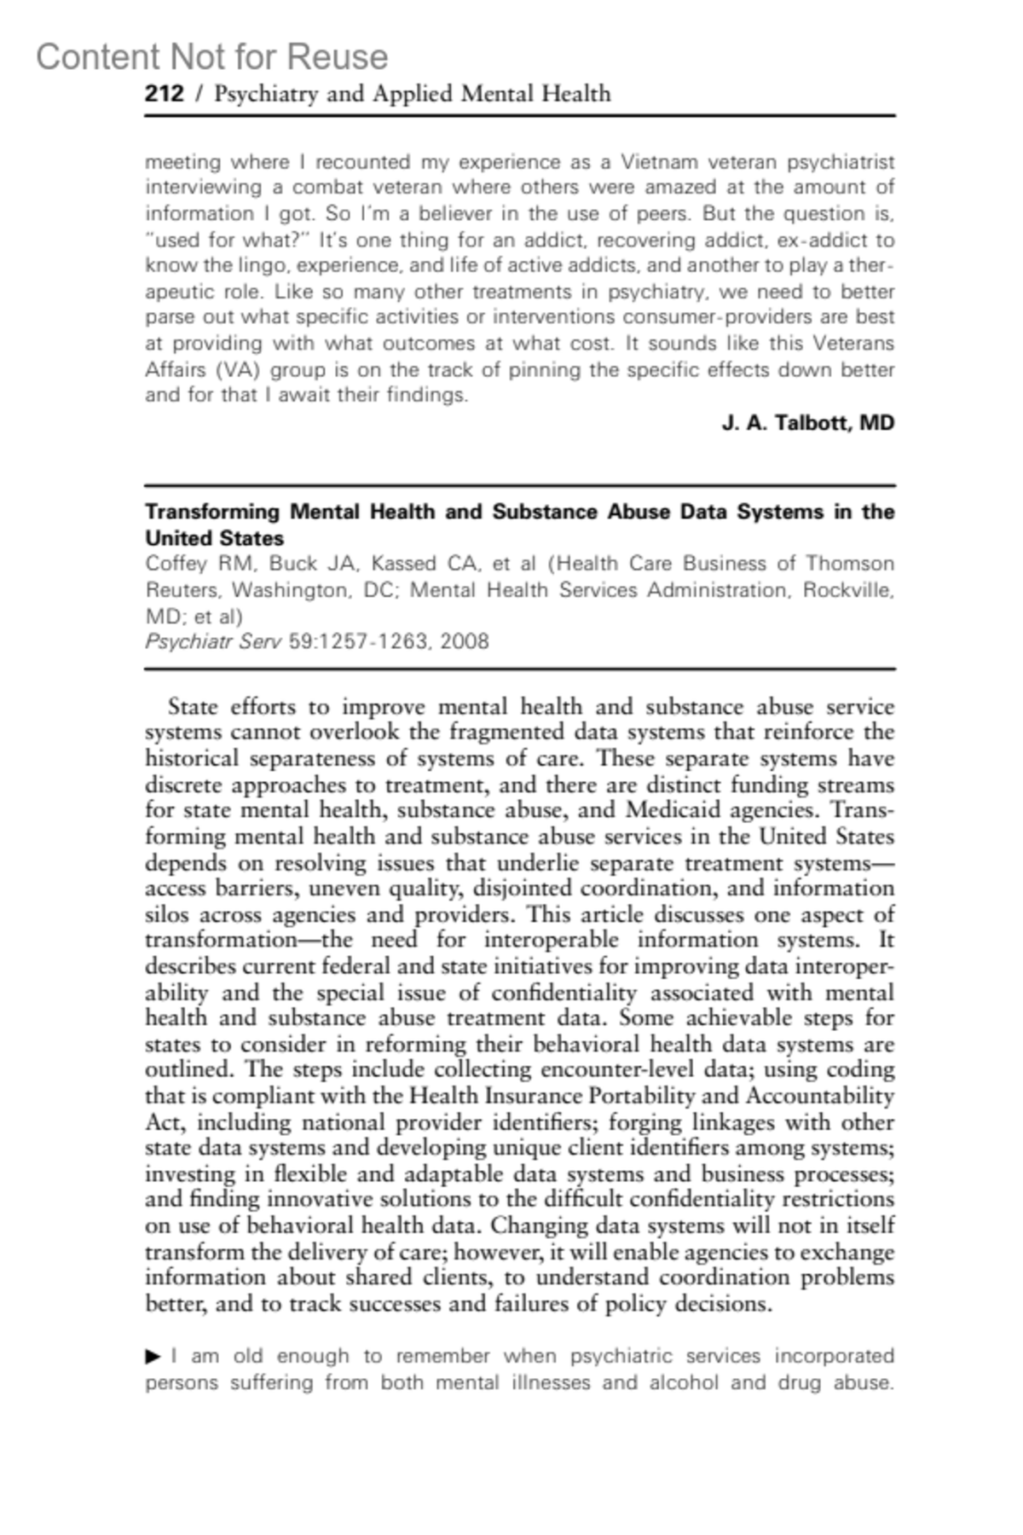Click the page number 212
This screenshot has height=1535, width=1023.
point(164,93)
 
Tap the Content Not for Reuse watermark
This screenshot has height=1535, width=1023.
point(211,57)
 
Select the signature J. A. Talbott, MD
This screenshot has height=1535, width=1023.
point(807,423)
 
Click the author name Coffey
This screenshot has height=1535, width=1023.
point(176,564)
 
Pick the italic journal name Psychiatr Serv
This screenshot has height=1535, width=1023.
point(212,641)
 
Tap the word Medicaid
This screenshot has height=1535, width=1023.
point(679,810)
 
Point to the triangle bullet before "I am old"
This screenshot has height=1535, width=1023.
point(153,1356)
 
